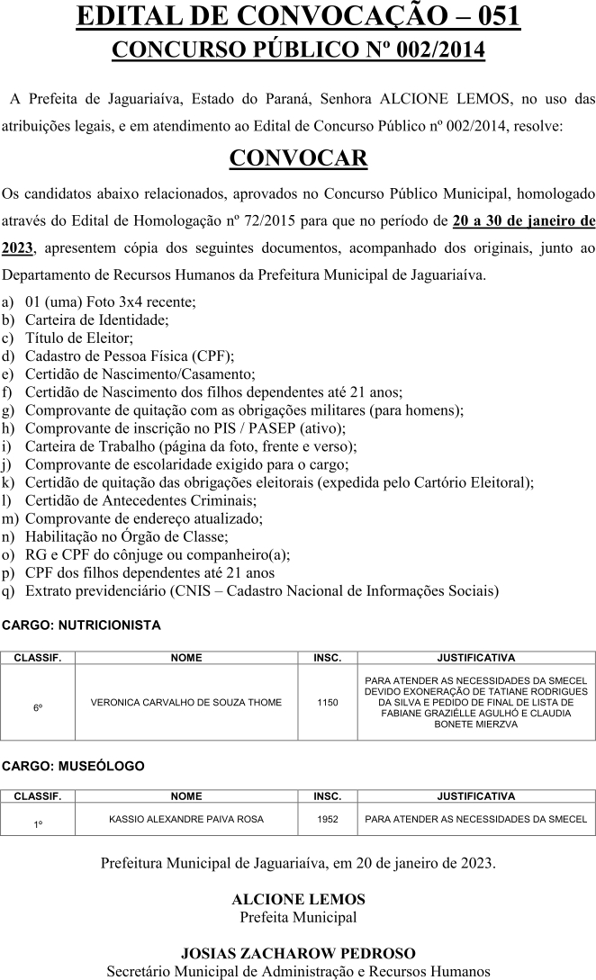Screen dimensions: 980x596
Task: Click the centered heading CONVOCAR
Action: [x=298, y=158]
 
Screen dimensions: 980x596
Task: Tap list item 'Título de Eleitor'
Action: [x=79, y=337]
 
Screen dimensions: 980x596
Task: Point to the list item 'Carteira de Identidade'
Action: [x=96, y=319]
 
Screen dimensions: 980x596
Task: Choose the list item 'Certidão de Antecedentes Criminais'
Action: [x=140, y=500]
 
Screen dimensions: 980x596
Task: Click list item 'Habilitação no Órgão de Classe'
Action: [x=127, y=536]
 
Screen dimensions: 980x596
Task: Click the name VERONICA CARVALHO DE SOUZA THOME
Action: [x=186, y=702]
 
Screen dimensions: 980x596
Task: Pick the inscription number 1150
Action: [x=328, y=702]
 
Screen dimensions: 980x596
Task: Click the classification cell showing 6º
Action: [x=38, y=708]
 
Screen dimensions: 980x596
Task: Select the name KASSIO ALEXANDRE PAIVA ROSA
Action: [x=186, y=819]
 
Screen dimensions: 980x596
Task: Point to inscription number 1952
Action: [x=328, y=819]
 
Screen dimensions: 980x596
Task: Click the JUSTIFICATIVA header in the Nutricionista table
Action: [x=475, y=658]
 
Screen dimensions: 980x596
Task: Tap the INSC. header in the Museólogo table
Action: [x=328, y=796]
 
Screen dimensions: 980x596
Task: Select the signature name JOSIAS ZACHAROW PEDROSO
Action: [x=298, y=953]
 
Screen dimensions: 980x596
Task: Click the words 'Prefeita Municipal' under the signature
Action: [x=298, y=917]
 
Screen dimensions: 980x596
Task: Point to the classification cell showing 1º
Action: [x=38, y=824]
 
